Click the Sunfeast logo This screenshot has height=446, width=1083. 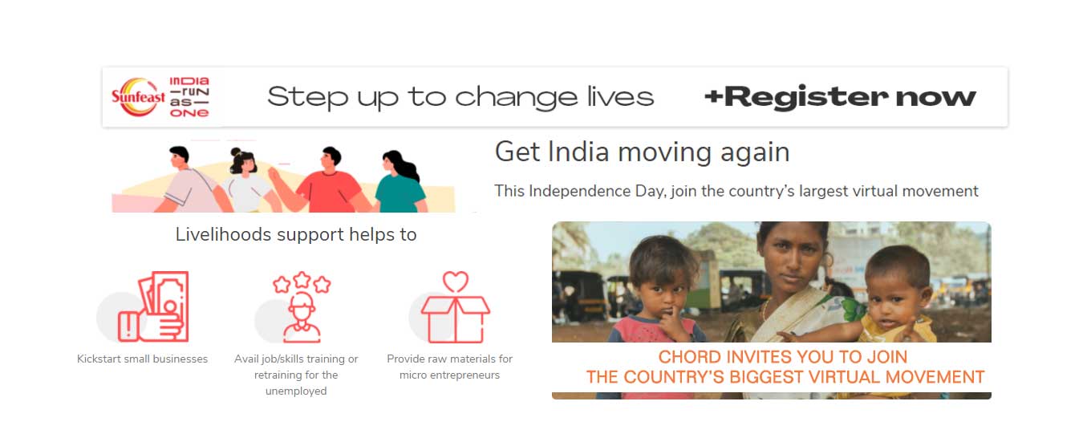tap(138, 96)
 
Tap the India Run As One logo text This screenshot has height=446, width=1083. tap(189, 96)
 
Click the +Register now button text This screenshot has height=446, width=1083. tap(840, 97)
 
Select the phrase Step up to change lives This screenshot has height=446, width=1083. tap(460, 97)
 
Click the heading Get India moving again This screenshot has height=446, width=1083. tap(642, 152)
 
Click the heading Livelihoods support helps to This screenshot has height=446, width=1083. tap(296, 234)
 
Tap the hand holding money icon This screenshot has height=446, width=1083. tap(153, 306)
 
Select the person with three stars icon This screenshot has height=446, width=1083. tap(302, 307)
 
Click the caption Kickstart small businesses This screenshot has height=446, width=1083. tap(142, 359)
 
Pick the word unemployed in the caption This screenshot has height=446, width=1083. tap(296, 391)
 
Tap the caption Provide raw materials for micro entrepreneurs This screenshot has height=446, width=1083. tap(449, 367)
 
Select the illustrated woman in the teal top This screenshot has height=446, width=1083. tap(400, 184)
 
